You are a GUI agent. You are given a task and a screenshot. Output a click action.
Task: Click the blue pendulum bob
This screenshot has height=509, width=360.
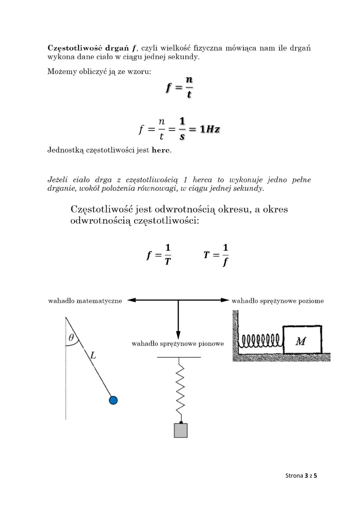point(113,400)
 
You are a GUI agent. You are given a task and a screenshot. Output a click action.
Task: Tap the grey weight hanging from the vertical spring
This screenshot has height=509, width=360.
point(180,430)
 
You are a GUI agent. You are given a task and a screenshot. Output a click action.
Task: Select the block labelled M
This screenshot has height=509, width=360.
point(301,341)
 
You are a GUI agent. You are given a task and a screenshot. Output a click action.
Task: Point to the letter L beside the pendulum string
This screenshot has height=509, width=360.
point(92,355)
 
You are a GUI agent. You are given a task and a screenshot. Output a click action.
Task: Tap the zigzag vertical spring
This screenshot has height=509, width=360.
point(180,389)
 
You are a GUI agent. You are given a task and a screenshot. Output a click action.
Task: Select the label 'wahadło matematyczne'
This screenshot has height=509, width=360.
point(85,301)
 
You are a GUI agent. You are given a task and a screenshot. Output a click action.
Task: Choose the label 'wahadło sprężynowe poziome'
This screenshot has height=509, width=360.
point(277,301)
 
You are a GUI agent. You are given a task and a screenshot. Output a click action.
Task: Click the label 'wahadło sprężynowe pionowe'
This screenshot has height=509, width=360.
point(178,343)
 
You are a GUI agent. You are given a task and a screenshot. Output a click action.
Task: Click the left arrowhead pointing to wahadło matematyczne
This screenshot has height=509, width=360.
point(132,300)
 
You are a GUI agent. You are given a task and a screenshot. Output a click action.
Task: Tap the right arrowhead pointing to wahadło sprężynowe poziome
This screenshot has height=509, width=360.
point(224,300)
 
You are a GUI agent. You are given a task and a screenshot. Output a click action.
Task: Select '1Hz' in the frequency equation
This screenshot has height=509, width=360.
point(209,130)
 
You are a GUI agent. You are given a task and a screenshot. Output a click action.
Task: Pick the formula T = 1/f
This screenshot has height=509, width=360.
point(216,255)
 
